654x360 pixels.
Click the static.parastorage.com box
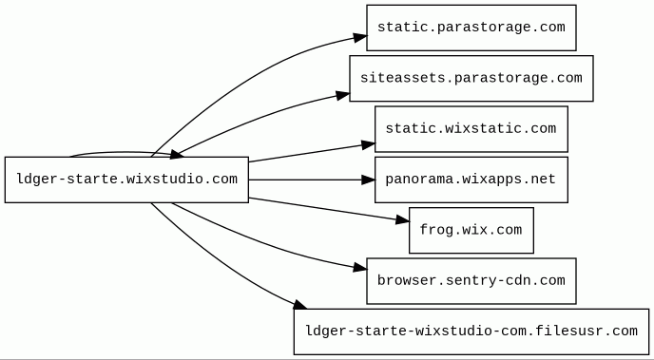471,28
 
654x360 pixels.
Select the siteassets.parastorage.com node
471,78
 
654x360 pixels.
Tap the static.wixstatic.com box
471,129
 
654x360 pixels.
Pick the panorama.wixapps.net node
471,180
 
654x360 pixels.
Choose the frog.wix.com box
471,231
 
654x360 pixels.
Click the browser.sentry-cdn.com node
471,281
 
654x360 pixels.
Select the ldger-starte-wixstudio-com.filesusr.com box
471,332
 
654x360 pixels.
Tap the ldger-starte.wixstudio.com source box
126,180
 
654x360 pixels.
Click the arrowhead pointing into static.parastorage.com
360,37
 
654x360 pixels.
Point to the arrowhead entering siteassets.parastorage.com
343,96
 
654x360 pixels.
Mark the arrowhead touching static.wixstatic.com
369,145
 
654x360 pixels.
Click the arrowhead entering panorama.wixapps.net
368,180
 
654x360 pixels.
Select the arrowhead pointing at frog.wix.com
402,220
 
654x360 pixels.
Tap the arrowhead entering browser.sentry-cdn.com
360,268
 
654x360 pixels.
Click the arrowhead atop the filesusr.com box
300,305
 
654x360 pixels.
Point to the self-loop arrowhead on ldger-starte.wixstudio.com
177,156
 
